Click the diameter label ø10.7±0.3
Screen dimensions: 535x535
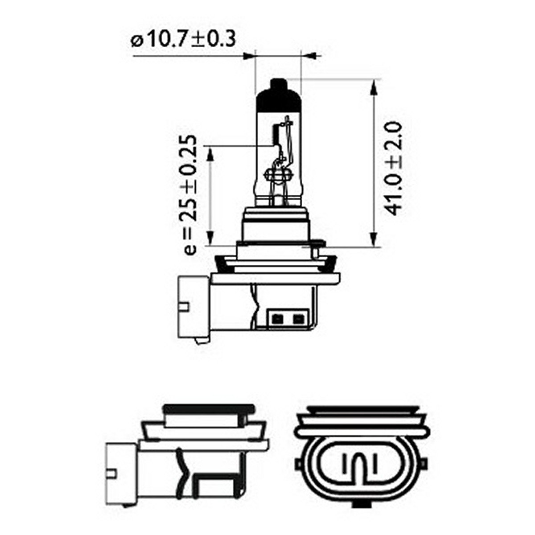(183, 39)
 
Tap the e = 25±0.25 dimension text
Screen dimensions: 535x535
(190, 195)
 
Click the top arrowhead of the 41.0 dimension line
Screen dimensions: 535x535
(374, 87)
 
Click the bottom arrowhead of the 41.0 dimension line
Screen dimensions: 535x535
(374, 238)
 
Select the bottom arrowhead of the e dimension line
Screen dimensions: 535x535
(210, 238)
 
